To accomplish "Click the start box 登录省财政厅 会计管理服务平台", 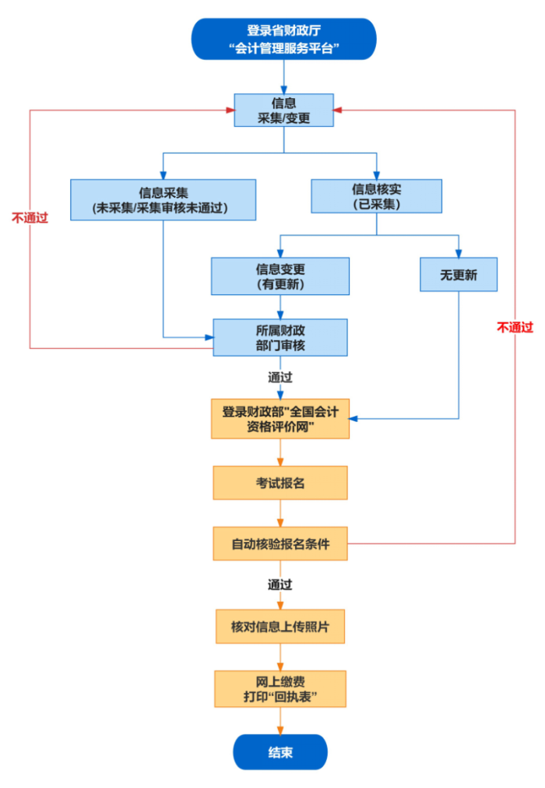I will click(283, 39).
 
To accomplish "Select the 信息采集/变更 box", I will click(283, 111).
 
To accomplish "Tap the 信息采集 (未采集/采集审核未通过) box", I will click(163, 199).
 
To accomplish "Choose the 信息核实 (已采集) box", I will click(376, 195).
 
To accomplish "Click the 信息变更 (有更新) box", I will click(280, 276).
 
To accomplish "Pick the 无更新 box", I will click(458, 275).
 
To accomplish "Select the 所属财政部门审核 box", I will click(280, 337).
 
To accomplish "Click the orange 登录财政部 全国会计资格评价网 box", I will click(280, 419).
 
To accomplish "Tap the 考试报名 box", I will click(280, 483).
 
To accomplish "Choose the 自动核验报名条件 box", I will click(280, 544).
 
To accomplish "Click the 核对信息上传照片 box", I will click(280, 626).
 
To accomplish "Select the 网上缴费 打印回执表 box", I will click(280, 688).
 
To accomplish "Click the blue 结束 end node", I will click(280, 752).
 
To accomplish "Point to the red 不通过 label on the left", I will click(30, 218).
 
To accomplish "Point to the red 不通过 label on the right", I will click(515, 328).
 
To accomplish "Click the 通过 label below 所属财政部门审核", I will click(280, 377).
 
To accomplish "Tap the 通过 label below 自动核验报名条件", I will click(280, 584).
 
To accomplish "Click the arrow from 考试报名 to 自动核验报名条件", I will click(280, 513).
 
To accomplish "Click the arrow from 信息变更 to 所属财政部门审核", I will click(280, 307).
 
